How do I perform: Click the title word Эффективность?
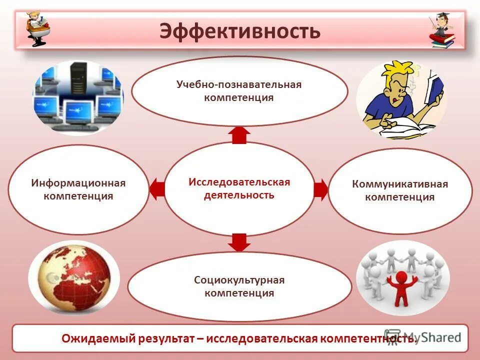(x=239, y=31)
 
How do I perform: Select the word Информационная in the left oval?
(x=78, y=183)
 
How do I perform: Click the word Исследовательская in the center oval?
(x=239, y=181)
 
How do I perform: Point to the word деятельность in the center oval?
(x=239, y=195)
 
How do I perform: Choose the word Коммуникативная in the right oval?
(x=399, y=184)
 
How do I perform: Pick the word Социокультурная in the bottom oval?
(x=239, y=280)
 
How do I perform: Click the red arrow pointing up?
(x=239, y=134)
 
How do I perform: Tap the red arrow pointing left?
(x=157, y=189)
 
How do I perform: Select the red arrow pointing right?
(x=321, y=189)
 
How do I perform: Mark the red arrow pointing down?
(x=239, y=242)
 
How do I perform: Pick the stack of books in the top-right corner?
(x=442, y=40)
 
